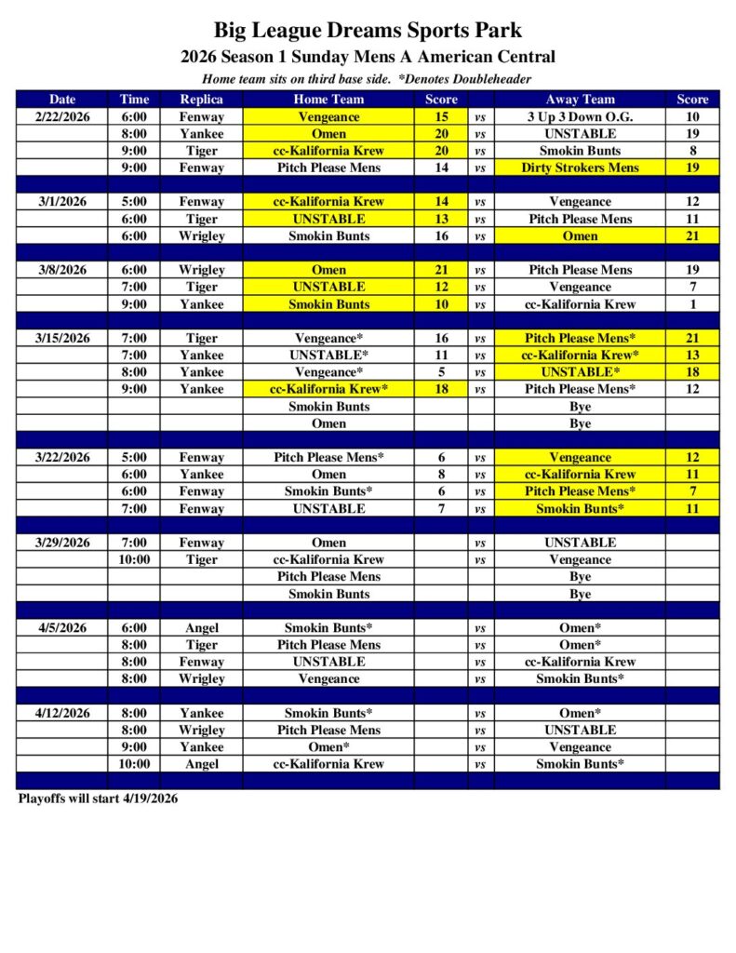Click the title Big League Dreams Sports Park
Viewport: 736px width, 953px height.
(368, 31)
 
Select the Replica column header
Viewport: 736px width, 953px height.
(202, 100)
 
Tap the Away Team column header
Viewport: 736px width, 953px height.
(580, 100)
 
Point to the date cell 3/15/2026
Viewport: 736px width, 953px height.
(62, 338)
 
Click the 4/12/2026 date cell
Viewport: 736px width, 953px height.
(62, 713)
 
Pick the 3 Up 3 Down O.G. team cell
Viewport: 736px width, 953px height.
(580, 117)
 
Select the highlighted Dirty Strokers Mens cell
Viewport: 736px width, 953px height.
(580, 168)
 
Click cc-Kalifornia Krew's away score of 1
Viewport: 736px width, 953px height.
(692, 304)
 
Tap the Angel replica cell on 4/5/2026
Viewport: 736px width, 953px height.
(202, 628)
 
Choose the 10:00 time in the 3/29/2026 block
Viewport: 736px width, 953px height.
(134, 559)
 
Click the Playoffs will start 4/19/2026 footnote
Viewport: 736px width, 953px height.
(98, 799)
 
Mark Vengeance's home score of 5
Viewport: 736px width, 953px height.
(441, 372)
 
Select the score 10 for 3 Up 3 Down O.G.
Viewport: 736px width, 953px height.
(692, 117)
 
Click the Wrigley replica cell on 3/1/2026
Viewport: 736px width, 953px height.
(202, 236)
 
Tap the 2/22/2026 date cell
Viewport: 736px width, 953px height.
(62, 117)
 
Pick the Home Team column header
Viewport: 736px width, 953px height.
(328, 100)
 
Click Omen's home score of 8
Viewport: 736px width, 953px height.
(441, 475)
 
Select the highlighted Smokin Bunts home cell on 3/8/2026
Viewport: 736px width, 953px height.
(328, 304)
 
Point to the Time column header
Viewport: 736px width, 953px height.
(134, 100)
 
